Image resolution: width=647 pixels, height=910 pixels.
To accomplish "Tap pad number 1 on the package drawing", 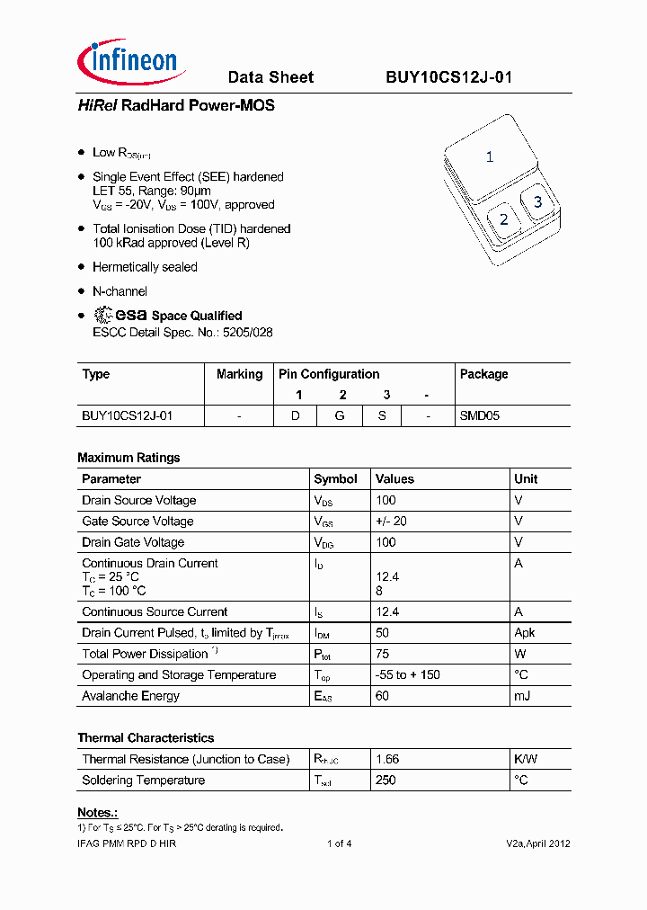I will click(489, 156).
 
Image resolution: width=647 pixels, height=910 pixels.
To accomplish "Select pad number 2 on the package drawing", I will click(503, 219).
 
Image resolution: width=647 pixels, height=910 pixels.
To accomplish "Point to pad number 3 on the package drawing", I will click(537, 201).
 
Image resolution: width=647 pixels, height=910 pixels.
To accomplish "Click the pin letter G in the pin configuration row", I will click(342, 416).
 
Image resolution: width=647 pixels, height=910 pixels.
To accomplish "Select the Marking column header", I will click(239, 374).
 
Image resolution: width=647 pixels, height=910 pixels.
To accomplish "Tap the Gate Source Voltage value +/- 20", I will click(391, 522).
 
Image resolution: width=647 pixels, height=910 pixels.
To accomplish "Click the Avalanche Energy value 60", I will click(383, 696).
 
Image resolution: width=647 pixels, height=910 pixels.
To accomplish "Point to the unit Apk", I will click(525, 633).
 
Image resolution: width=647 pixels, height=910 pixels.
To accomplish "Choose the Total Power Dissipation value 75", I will click(383, 654).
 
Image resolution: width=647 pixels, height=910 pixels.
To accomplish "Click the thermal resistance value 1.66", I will click(387, 759).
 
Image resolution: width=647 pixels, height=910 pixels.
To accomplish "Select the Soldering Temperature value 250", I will click(386, 781).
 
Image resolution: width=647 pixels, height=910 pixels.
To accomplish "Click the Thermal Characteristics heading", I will click(146, 737).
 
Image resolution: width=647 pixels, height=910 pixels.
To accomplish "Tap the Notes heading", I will click(97, 813).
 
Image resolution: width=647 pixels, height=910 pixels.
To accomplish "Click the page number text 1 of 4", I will click(339, 843).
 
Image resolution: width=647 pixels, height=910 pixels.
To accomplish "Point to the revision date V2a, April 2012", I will click(537, 843).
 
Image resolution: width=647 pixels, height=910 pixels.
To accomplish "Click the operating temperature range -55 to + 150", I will click(407, 675).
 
